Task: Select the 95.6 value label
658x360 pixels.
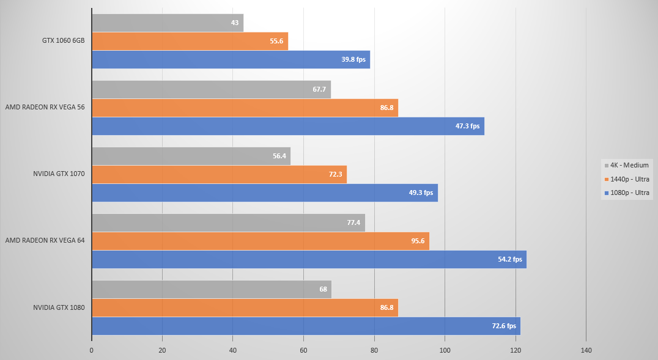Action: [418, 241]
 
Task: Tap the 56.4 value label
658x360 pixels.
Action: [279, 156]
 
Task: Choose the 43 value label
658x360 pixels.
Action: [235, 23]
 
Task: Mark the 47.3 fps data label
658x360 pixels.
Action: [468, 126]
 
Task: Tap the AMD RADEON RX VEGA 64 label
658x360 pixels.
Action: [45, 240]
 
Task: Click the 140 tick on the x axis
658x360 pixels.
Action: [586, 350]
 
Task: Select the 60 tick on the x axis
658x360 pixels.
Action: [303, 350]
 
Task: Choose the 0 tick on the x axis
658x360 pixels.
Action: [92, 350]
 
